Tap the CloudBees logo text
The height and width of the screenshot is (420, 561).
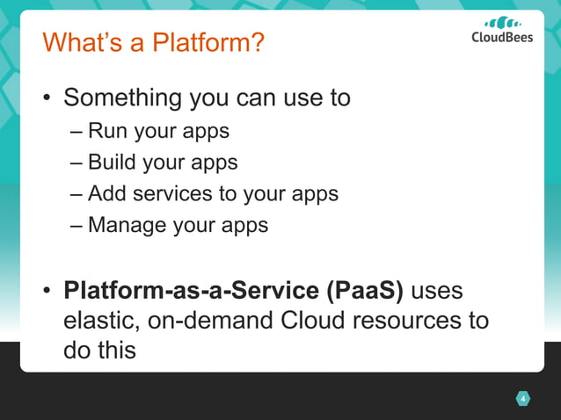tap(502, 38)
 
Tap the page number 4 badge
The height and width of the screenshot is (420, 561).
tap(522, 400)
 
